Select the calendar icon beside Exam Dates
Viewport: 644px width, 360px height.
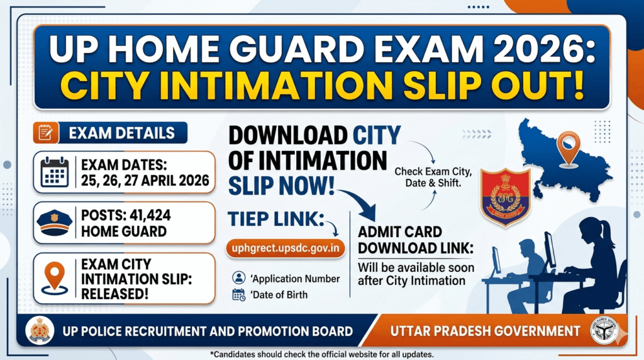click(55, 171)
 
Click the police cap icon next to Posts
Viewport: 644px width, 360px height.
click(55, 223)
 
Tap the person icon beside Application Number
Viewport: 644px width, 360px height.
click(238, 278)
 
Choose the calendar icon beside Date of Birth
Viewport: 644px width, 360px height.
click(238, 294)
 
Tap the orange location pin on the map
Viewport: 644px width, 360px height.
click(568, 146)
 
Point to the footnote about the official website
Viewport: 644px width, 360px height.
click(322, 354)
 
